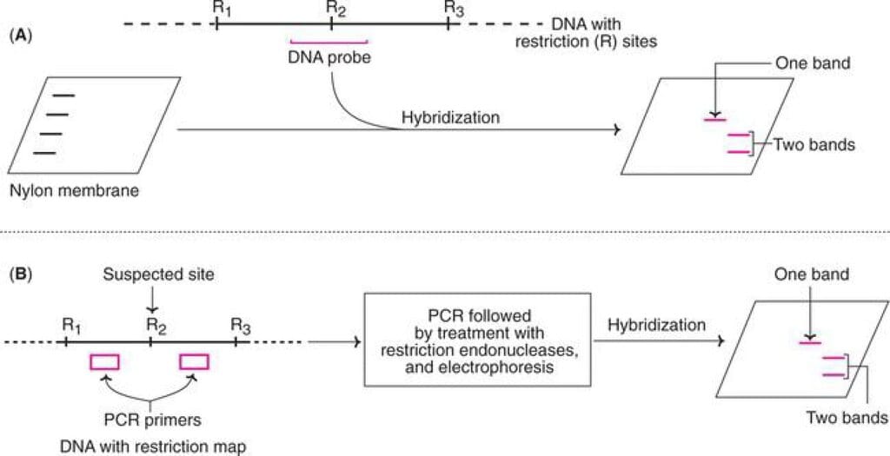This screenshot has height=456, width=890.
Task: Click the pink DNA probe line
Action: point(329,42)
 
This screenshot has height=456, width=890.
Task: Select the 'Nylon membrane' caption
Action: point(75,190)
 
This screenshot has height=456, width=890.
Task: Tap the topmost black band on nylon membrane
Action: point(63,96)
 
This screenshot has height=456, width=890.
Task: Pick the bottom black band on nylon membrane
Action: point(44,153)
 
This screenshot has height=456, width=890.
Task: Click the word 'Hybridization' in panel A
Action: point(451,118)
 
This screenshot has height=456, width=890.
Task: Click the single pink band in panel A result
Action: point(714,120)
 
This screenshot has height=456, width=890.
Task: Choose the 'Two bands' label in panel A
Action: point(814,145)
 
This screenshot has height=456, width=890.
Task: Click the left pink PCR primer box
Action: point(104,361)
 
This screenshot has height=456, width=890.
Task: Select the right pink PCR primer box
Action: point(194,361)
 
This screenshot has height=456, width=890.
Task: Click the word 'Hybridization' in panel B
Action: point(657,326)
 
